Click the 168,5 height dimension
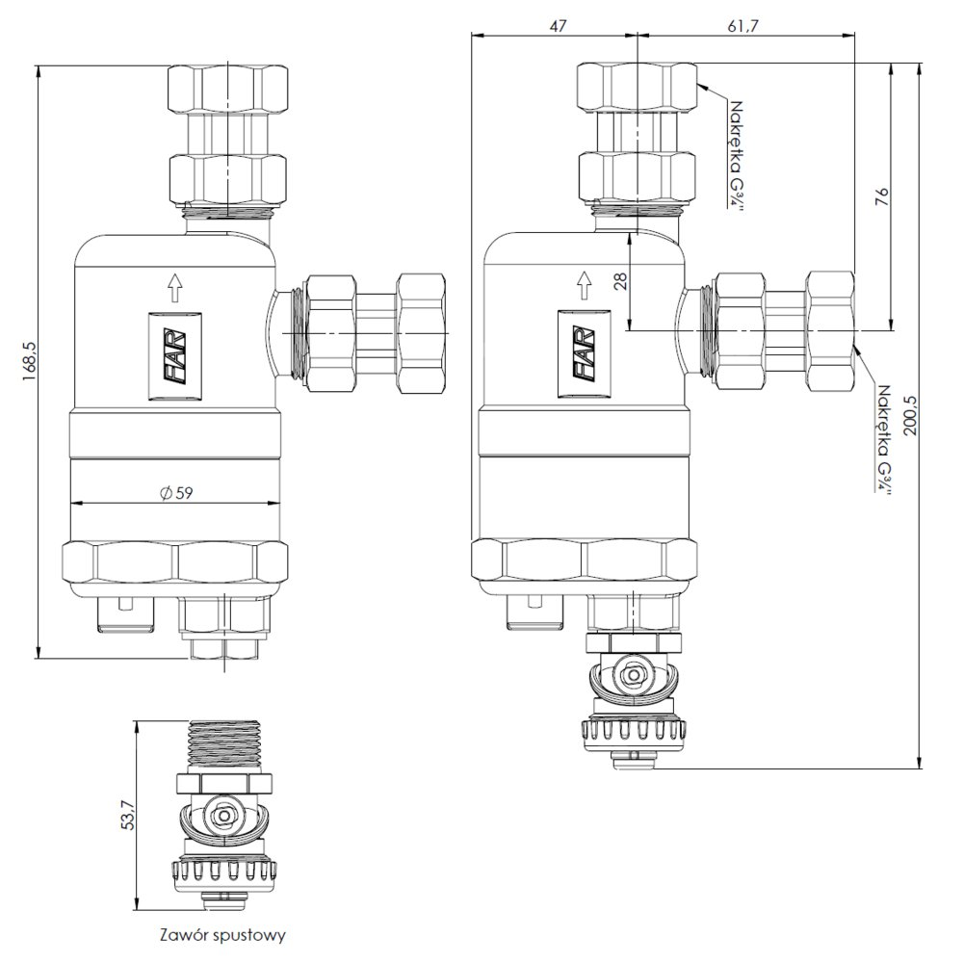point(29,360)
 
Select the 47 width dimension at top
point(556,26)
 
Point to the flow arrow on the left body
point(174,285)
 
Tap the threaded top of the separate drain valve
point(223,742)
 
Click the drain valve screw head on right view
point(633,675)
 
